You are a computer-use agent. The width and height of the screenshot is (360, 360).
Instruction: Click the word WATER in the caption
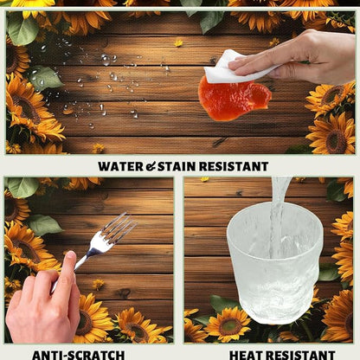coord(120,167)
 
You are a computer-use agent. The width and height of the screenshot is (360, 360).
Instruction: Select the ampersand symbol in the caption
coord(151,167)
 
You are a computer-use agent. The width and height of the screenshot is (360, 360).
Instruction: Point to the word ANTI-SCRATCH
coord(79,355)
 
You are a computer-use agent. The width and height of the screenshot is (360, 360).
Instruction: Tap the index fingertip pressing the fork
coord(71,255)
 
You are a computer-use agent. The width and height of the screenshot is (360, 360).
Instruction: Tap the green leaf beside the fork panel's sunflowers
coord(45,224)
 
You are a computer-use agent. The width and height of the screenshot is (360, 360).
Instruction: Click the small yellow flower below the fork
coord(98,284)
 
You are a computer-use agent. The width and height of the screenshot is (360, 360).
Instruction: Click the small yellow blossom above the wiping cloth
coord(178,43)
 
